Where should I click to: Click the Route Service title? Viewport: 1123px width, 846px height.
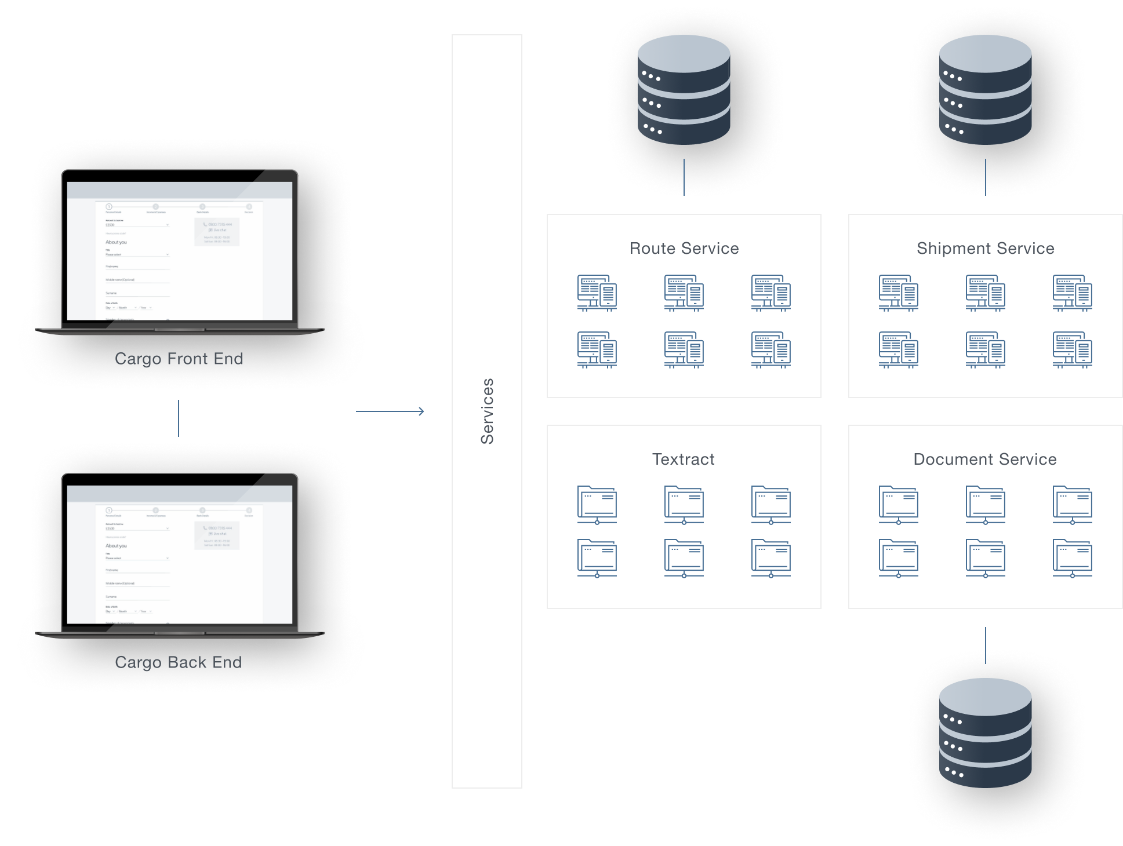click(x=684, y=249)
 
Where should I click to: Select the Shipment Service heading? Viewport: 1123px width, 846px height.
click(x=985, y=249)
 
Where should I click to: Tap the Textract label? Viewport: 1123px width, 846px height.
click(x=684, y=460)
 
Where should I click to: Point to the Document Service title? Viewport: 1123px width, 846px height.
click(x=985, y=460)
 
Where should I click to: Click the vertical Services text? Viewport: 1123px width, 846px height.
click(x=487, y=411)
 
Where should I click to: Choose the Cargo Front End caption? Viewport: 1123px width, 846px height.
click(x=179, y=359)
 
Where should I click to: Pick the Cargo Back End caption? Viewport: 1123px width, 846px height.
click(x=179, y=662)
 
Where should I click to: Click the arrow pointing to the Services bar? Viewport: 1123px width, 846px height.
click(x=390, y=411)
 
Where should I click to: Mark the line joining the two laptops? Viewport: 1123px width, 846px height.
click(x=179, y=418)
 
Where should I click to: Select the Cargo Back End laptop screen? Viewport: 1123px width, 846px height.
click(x=180, y=555)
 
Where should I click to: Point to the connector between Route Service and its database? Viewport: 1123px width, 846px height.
click(x=684, y=176)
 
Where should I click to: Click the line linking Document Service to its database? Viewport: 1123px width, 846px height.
click(x=985, y=645)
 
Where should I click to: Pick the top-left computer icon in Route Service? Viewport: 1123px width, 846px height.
click(x=597, y=293)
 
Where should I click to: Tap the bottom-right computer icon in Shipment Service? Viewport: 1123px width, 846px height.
click(x=1073, y=349)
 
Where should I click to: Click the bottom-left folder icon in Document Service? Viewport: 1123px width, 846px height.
click(x=899, y=558)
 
